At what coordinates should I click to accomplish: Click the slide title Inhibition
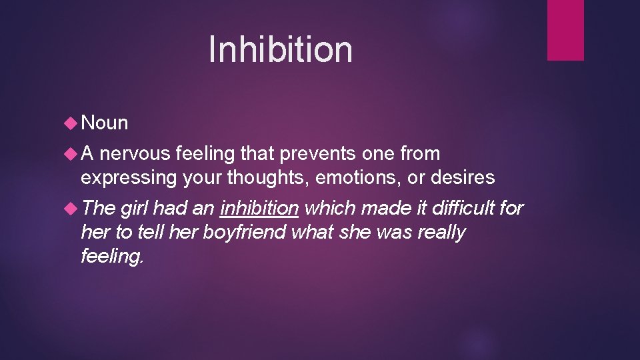[280, 49]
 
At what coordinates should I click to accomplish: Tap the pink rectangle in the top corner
[565, 30]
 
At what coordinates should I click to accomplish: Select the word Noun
[104, 123]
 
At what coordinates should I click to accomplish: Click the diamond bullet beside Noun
[70, 123]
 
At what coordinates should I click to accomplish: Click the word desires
[471, 178]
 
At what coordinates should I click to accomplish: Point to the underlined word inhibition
[259, 209]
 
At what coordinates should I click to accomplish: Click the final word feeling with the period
[112, 257]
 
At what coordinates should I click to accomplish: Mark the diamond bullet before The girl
[70, 209]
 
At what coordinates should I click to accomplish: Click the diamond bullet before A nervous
[70, 154]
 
